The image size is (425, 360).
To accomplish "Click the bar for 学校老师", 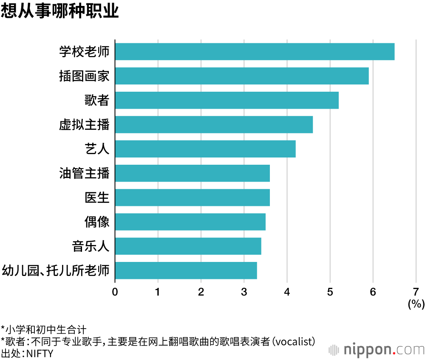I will click(x=255, y=51).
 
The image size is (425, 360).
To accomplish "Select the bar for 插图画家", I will click(x=242, y=76).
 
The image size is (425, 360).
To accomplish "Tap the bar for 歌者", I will click(x=227, y=100).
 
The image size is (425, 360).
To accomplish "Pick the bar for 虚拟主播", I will click(x=214, y=124).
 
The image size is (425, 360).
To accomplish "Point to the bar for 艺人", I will click(x=205, y=149).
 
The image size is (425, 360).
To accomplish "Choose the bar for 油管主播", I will click(x=192, y=173).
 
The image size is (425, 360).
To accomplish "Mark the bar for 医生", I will click(x=192, y=197).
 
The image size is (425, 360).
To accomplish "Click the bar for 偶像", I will click(x=190, y=222).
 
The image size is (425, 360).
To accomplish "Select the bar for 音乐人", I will click(x=188, y=246).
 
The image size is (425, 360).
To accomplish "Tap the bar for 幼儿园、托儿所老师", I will click(x=186, y=270).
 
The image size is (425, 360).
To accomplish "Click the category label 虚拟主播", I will click(x=84, y=125).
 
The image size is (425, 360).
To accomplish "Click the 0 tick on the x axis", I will click(x=115, y=292).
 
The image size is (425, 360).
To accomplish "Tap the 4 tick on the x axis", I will click(x=287, y=292).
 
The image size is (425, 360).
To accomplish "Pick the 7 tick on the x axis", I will click(x=416, y=292).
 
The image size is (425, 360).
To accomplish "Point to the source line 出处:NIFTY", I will click(x=27, y=353).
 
